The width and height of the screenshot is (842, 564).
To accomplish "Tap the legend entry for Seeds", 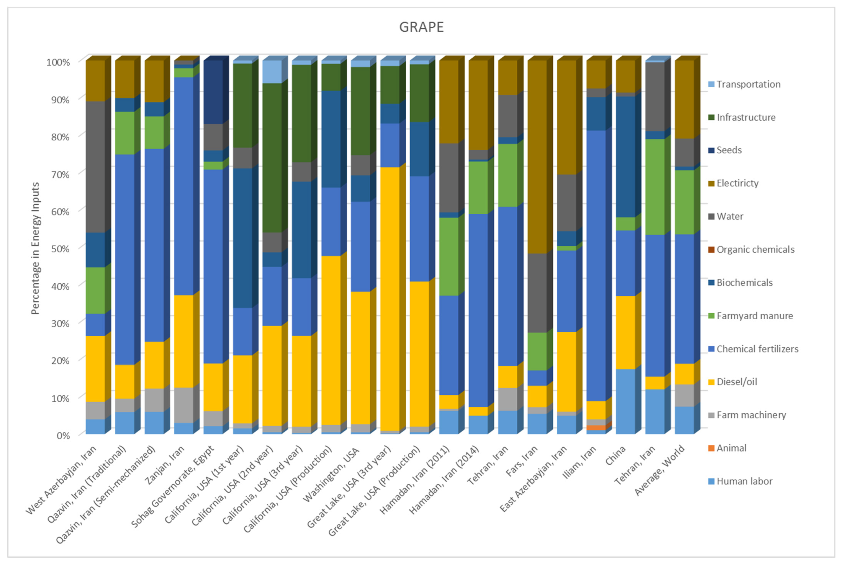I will tap(729, 150).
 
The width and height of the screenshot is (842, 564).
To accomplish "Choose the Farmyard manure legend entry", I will tap(754, 316).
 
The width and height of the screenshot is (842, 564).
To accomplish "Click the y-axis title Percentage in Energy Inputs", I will tap(35, 248).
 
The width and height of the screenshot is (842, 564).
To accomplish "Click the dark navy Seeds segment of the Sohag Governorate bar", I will tap(213, 92).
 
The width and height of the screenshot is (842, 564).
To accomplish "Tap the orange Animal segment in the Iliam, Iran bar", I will tap(596, 427).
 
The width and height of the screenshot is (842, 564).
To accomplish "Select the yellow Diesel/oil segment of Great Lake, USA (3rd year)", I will tap(390, 298).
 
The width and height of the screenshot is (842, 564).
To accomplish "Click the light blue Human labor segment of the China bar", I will tap(625, 401).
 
